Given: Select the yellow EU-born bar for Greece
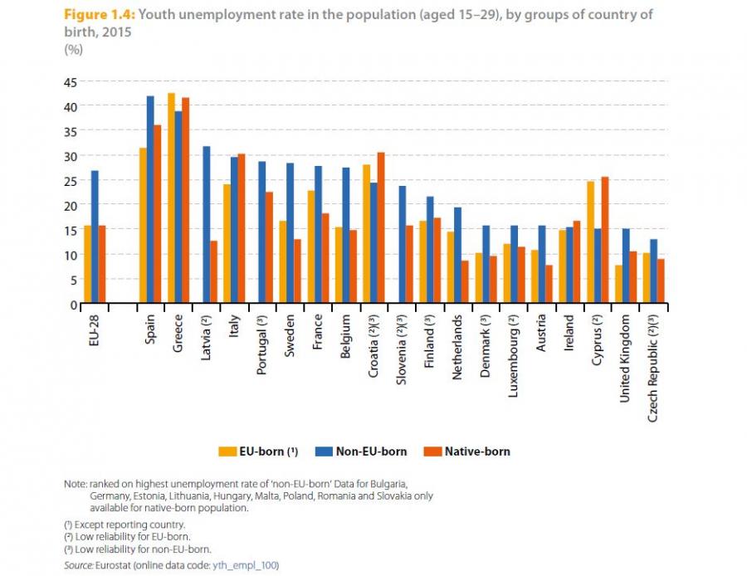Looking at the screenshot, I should (x=171, y=198).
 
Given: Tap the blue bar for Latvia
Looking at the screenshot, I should (x=207, y=225).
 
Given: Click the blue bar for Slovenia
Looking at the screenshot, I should (x=402, y=245).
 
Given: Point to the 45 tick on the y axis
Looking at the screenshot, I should (x=69, y=82).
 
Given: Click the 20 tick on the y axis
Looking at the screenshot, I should (x=69, y=205).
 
